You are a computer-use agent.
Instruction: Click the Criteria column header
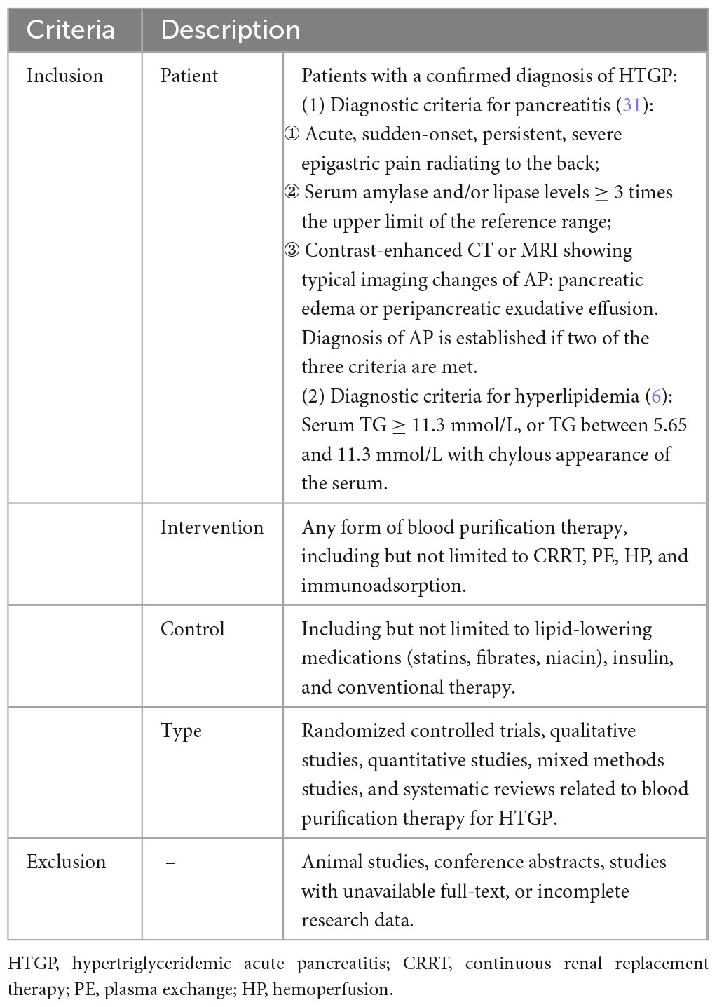coord(70,30)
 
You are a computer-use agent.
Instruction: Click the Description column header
coord(231,30)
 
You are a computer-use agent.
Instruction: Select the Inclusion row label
coord(64,76)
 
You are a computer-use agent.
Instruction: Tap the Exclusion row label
coord(66,862)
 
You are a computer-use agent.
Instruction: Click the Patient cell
coord(189,76)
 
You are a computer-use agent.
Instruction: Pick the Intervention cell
coord(212,527)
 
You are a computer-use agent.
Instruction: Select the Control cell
coord(192,629)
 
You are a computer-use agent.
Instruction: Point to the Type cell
coord(181,731)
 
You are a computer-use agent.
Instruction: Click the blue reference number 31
coord(632,105)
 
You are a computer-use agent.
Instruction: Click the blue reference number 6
coord(657,396)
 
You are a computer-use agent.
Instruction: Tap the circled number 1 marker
coord(292,134)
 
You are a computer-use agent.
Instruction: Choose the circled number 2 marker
coord(292,192)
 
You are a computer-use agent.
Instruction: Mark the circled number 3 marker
coord(292,250)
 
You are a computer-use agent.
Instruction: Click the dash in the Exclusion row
coord(170,863)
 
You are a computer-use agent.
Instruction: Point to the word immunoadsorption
coord(383,586)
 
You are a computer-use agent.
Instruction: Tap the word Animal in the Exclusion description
coord(329,862)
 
